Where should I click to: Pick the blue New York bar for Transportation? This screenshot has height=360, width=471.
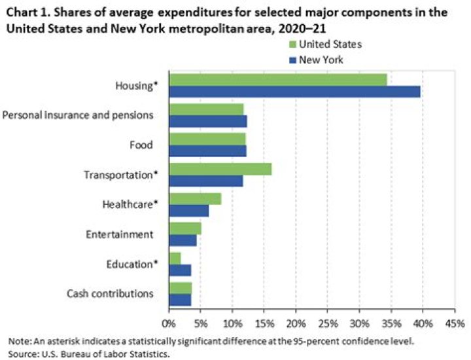pos(206,181)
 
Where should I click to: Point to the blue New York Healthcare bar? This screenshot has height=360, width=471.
pos(189,211)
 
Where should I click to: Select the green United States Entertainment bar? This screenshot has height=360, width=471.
pos(185,228)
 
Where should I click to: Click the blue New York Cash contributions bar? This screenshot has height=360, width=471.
pos(180,300)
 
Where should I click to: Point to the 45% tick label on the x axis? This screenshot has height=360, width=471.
pos(454,323)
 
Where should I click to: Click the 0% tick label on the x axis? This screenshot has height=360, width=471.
pos(169,323)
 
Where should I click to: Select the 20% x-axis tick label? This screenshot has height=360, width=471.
pos(296,323)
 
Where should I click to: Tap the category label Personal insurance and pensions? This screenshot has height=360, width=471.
pos(78,115)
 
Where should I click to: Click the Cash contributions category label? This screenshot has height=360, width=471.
pos(111,293)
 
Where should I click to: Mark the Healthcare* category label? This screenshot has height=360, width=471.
pos(131,204)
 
